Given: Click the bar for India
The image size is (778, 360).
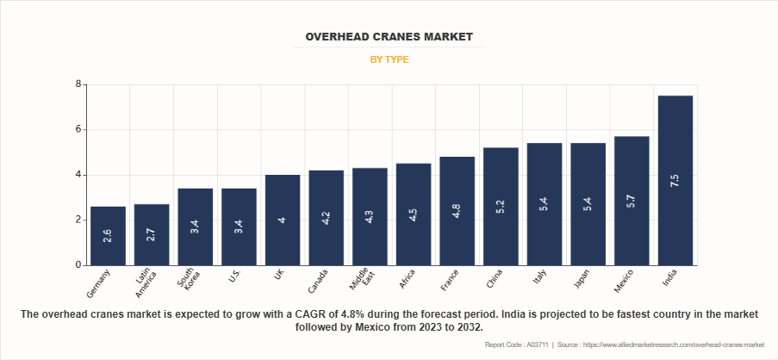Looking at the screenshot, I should coord(675,180).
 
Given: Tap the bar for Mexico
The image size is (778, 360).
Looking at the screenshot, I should coord(631,201).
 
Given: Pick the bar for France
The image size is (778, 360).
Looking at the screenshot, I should coord(457,211).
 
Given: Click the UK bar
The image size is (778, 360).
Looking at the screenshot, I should coord(283,220).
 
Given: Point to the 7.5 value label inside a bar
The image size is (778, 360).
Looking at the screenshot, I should coord(675,180).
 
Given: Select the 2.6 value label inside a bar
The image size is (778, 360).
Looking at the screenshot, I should coord(108,235).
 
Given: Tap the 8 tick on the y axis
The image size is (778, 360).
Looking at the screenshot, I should coord(78,84).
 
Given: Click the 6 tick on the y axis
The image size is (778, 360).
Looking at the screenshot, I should coord(78,129).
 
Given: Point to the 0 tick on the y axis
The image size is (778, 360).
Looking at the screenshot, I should coord(78,265).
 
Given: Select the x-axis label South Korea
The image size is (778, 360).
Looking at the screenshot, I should coord(191,282).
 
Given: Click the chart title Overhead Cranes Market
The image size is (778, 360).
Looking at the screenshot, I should coord(389,37).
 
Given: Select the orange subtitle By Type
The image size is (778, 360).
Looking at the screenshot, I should coord(389,60).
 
